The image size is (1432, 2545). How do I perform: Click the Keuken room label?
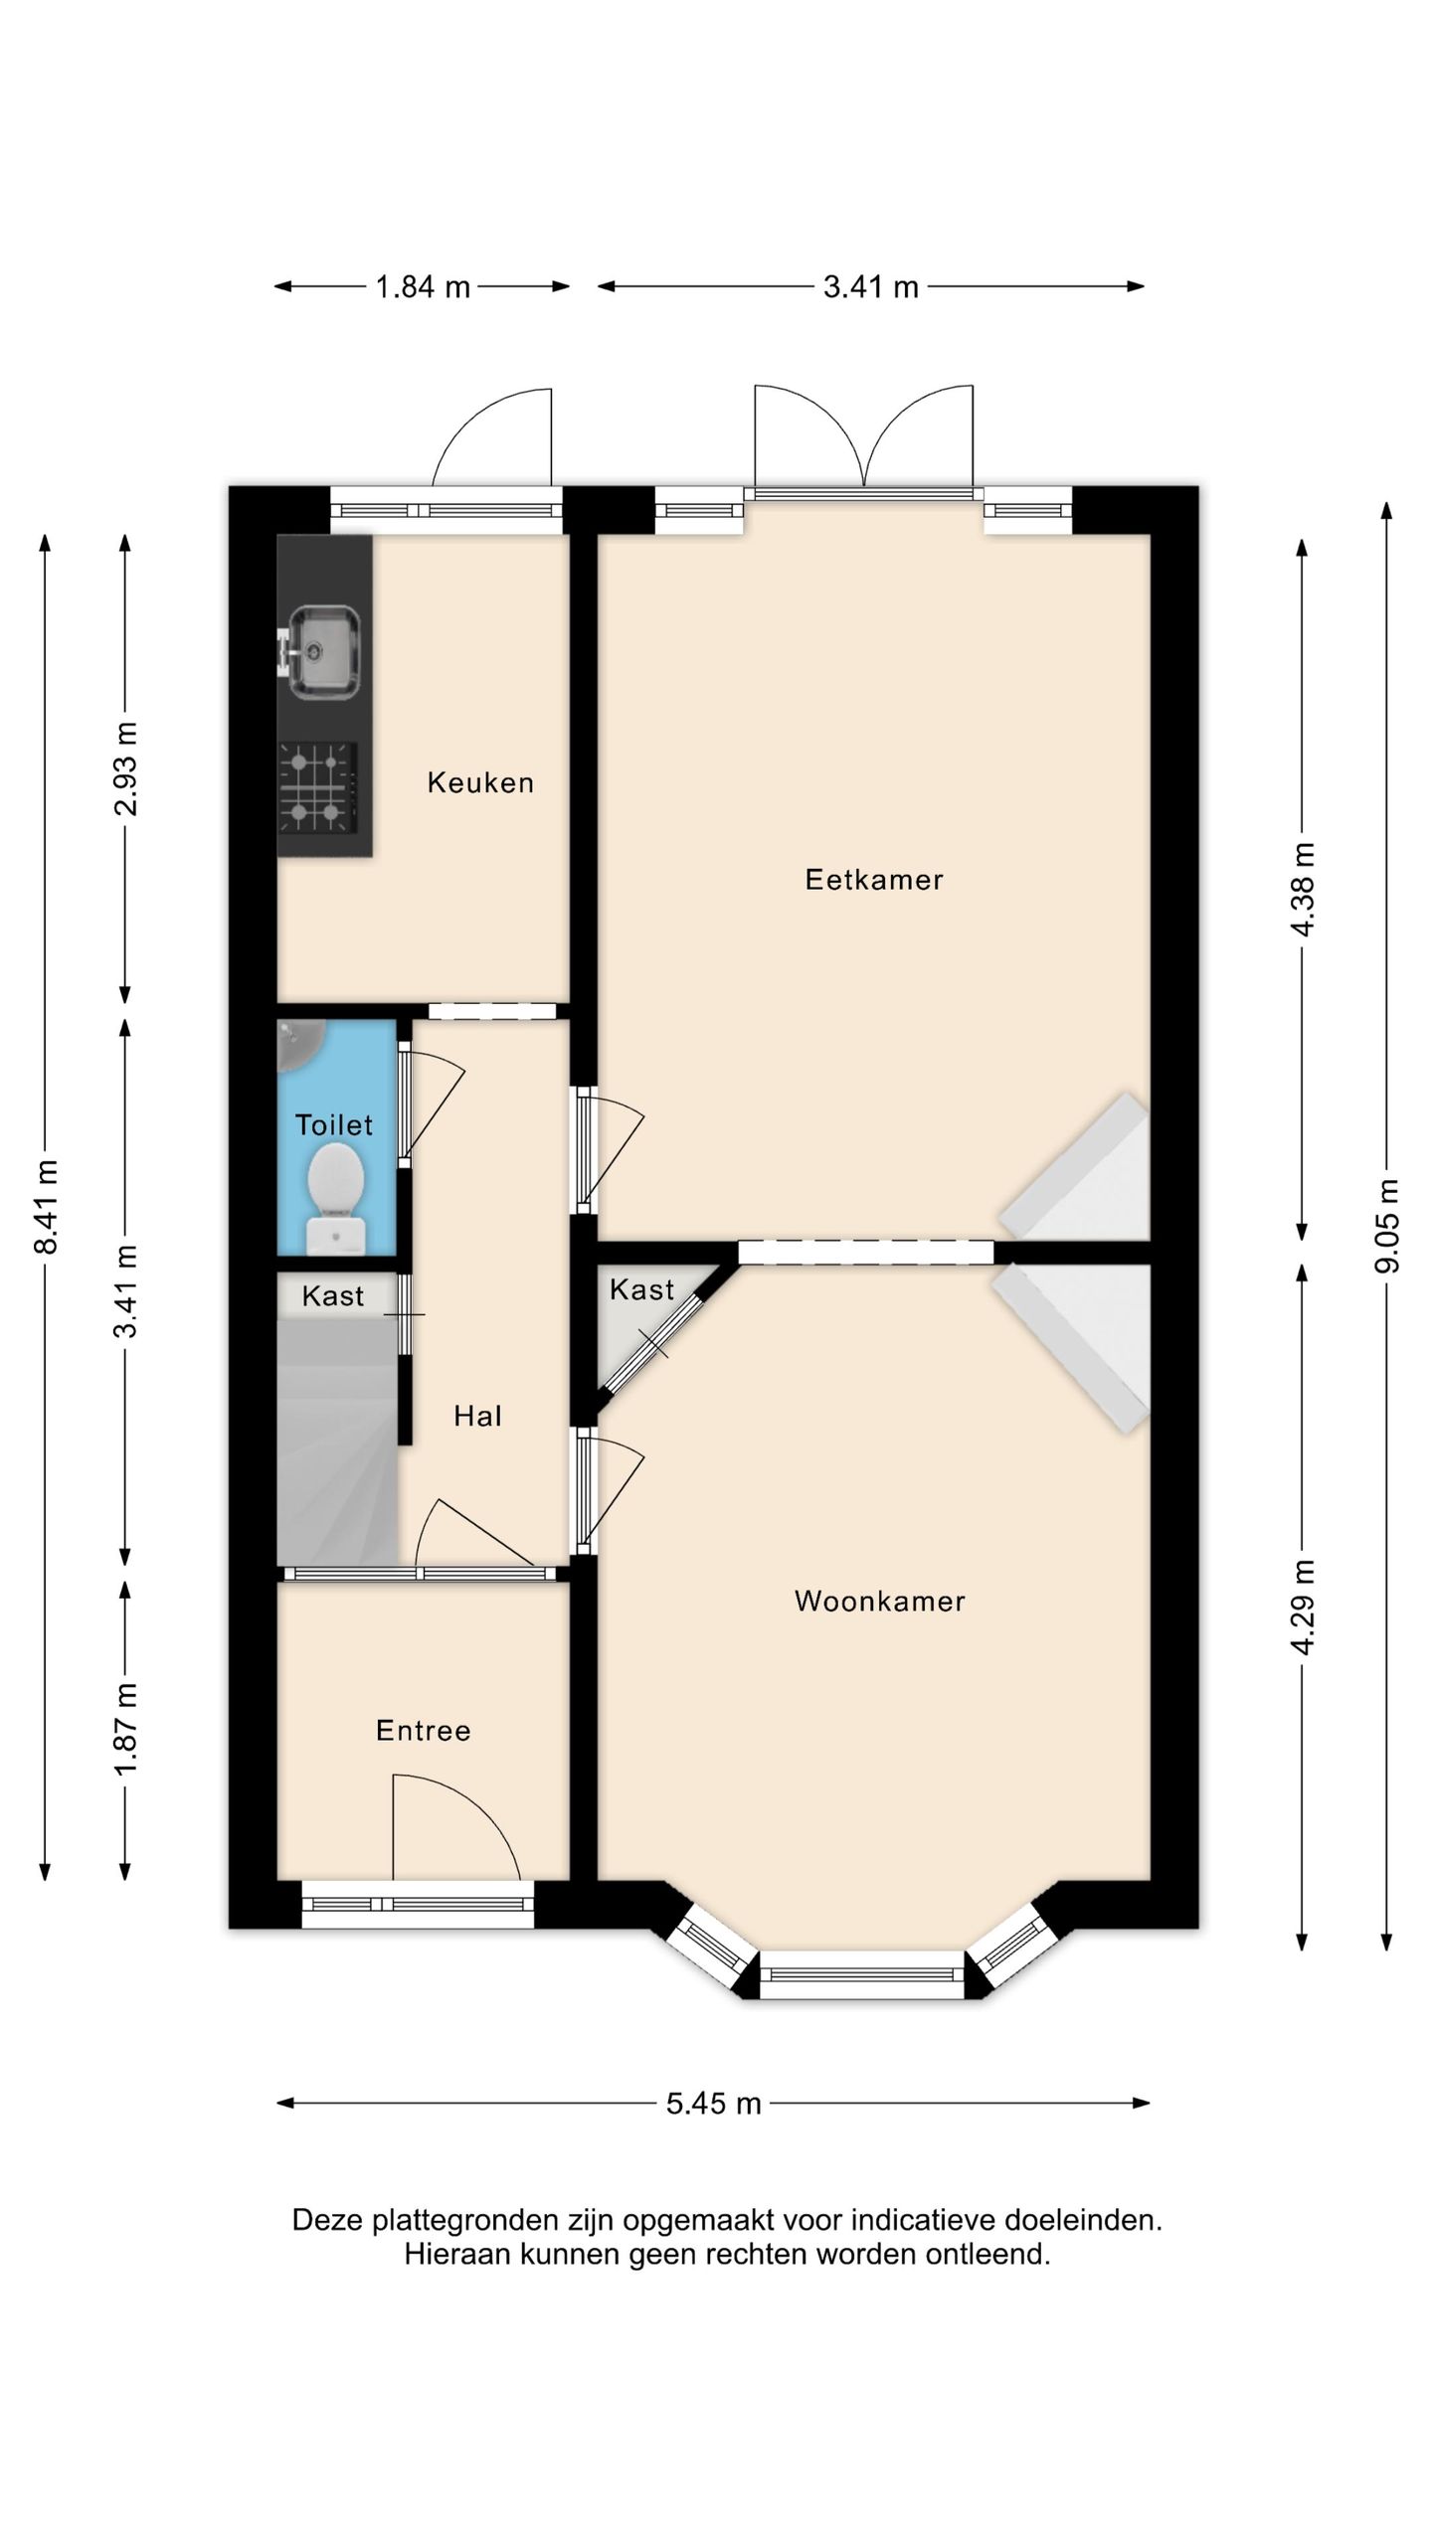pyautogui.click(x=480, y=783)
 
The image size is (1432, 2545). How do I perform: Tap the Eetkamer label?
pyautogui.click(x=874, y=880)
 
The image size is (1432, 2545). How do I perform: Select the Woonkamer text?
pyautogui.click(x=880, y=1602)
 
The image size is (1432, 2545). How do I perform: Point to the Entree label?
pyautogui.click(x=424, y=1731)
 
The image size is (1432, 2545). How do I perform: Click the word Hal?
pyautogui.click(x=477, y=1416)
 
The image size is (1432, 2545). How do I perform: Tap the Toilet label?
pyautogui.click(x=334, y=1125)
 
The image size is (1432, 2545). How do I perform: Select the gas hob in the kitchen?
pyautogui.click(x=318, y=787)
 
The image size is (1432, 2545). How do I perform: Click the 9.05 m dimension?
pyautogui.click(x=1387, y=1226)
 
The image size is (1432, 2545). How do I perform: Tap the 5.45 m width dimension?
pyautogui.click(x=714, y=2103)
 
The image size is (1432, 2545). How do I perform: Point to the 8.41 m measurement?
pyautogui.click(x=46, y=1207)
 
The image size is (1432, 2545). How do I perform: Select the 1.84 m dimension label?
pyautogui.click(x=423, y=287)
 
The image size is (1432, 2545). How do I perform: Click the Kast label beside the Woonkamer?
pyautogui.click(x=642, y=1289)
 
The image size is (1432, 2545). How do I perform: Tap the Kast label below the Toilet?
pyautogui.click(x=333, y=1296)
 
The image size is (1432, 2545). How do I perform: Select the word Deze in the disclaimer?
pyautogui.click(x=328, y=2220)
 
